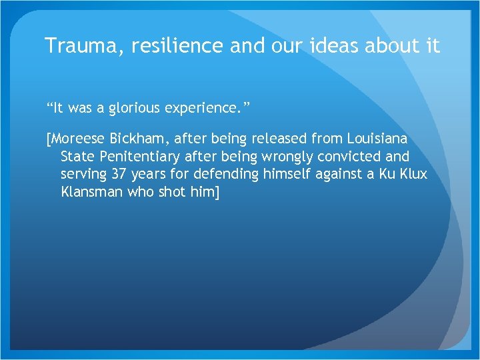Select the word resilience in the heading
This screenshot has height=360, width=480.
point(169,45)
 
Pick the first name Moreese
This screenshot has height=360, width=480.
point(77,139)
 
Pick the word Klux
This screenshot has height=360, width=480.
point(413,174)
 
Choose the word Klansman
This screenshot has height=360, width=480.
point(91,191)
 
